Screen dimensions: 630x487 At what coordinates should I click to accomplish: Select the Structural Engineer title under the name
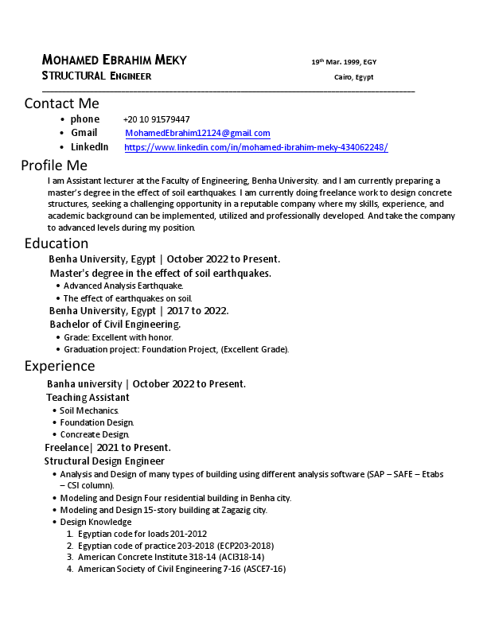point(96,76)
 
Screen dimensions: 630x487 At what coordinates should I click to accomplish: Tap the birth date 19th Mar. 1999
point(344,62)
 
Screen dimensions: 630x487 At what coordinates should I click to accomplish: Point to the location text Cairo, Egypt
point(353,77)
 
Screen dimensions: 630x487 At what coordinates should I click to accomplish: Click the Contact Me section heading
point(61,103)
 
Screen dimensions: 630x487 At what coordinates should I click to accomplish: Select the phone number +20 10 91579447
point(156,119)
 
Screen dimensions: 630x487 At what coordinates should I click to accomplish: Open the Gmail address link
point(197,133)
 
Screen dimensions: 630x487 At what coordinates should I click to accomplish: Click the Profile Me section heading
point(53,165)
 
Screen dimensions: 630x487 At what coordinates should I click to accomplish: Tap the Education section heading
point(56,243)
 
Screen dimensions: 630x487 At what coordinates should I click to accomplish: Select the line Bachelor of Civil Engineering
point(115,325)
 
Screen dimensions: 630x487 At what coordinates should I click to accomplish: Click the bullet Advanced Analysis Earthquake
point(123,286)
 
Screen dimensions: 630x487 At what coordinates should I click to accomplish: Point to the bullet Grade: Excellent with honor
point(118,337)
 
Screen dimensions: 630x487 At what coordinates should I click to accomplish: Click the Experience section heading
point(59,366)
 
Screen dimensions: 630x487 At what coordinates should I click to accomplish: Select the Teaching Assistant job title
point(88,398)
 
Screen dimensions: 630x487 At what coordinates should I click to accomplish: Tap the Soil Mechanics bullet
point(89,410)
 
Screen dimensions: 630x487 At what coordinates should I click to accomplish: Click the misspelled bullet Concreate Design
point(94,435)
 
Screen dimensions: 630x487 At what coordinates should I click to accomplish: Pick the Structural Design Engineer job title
point(104,461)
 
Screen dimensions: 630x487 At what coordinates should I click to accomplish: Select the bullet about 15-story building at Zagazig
point(163,510)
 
